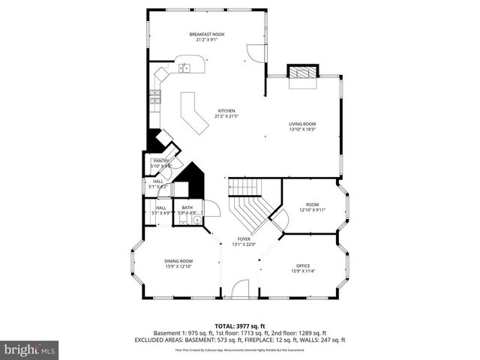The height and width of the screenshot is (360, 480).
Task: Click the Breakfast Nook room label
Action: tap(206, 34)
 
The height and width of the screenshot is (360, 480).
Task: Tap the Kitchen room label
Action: tap(226, 111)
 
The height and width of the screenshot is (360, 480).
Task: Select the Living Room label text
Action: tap(303, 124)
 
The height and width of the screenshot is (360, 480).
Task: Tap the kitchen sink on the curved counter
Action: tap(185, 68)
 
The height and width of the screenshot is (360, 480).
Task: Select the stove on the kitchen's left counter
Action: tap(155, 96)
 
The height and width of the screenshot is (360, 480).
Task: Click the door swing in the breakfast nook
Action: tap(255, 52)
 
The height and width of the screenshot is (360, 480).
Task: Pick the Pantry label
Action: tap(160, 160)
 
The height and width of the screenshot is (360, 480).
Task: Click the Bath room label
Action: tap(187, 208)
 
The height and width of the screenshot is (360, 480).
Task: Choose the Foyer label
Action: tap(244, 239)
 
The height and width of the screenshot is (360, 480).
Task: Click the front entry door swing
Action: tap(240, 289)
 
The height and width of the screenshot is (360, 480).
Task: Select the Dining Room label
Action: tap(178, 261)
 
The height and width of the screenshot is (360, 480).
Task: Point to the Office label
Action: tap(303, 266)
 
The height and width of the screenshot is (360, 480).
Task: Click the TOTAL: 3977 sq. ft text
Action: tap(240, 326)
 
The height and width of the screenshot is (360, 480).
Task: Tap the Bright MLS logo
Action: tap(30, 349)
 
